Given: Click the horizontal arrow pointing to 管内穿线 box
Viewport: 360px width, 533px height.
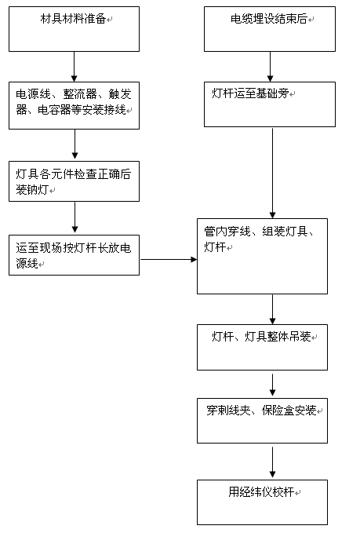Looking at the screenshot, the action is (x=169, y=259).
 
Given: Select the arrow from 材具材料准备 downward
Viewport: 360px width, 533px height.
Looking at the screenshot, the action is (x=74, y=67).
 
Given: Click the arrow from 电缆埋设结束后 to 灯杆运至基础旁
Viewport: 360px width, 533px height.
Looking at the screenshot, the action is (x=270, y=67).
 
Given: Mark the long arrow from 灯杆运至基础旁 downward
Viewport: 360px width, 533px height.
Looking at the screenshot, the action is (x=272, y=173).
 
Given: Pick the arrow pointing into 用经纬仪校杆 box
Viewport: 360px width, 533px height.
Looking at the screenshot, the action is (x=272, y=462).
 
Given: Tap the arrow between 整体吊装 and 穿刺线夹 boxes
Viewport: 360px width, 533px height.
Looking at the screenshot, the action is (x=272, y=385).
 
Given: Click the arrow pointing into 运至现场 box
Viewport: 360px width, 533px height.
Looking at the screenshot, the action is (x=75, y=217).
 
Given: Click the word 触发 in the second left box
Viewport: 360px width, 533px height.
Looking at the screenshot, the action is (x=120, y=94).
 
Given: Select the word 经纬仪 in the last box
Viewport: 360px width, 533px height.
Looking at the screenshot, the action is (x=256, y=492).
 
